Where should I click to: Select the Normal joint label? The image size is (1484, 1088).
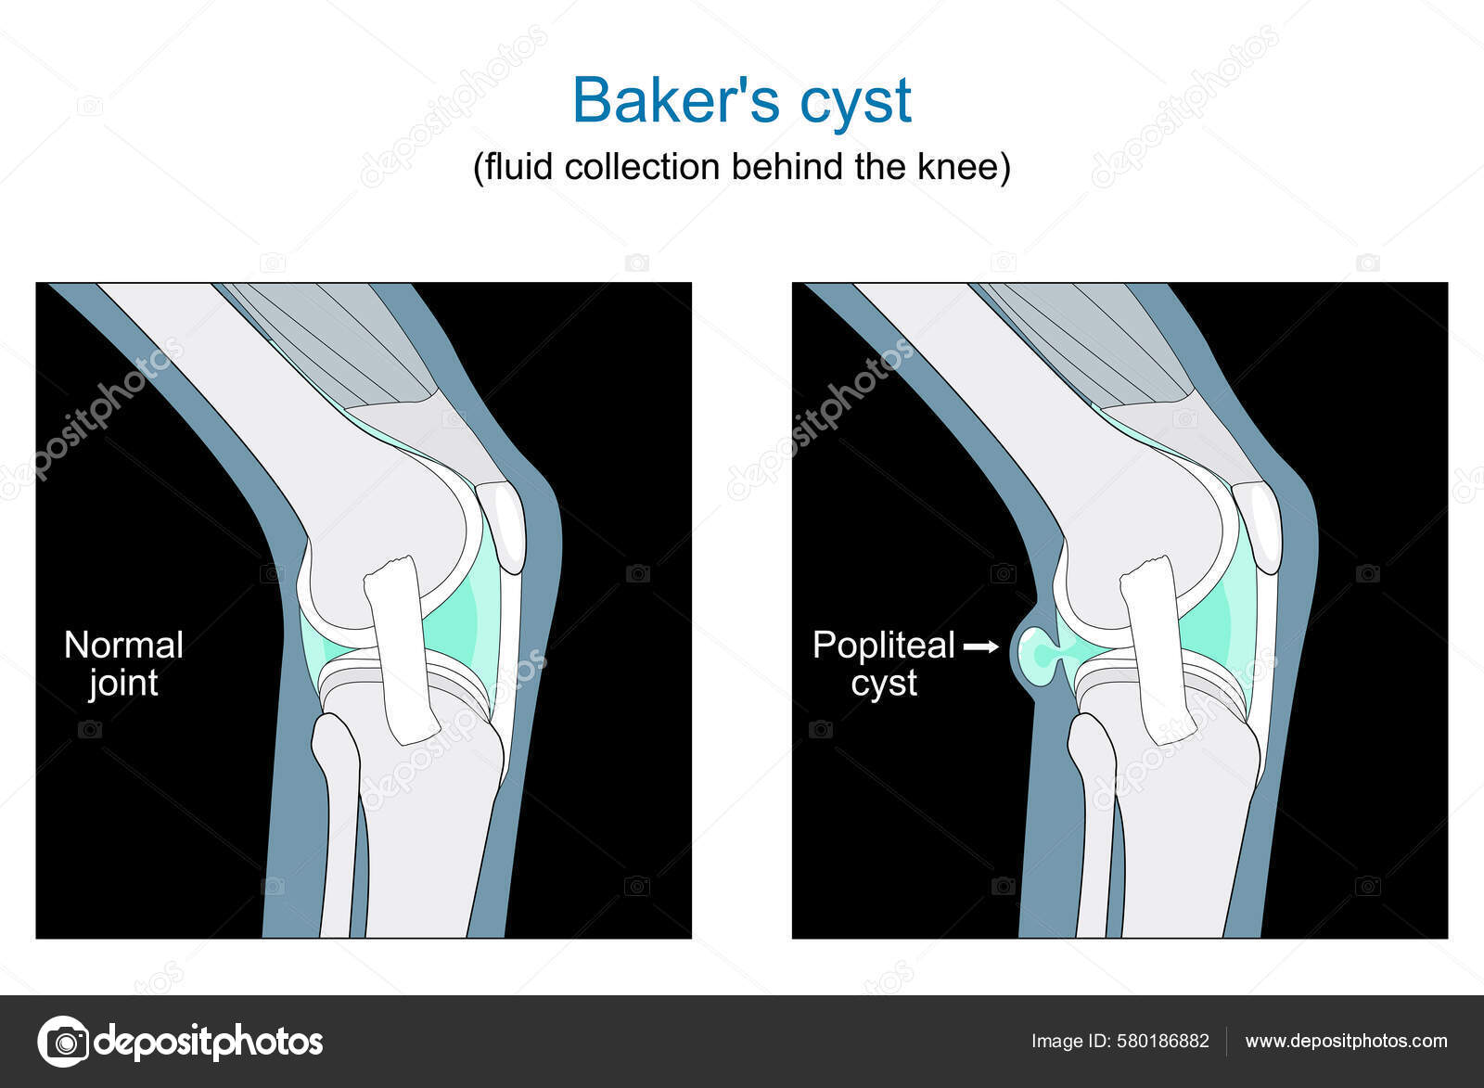(x=123, y=664)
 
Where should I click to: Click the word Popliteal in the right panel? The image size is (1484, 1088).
(x=883, y=646)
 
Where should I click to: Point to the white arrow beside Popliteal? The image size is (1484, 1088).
(x=981, y=646)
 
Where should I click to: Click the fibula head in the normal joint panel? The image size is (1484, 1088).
(x=334, y=742)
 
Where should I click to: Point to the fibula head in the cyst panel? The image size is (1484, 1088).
(x=1091, y=742)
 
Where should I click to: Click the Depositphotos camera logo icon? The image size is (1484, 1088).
(x=63, y=1042)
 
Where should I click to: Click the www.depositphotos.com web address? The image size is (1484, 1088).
(x=1346, y=1042)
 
